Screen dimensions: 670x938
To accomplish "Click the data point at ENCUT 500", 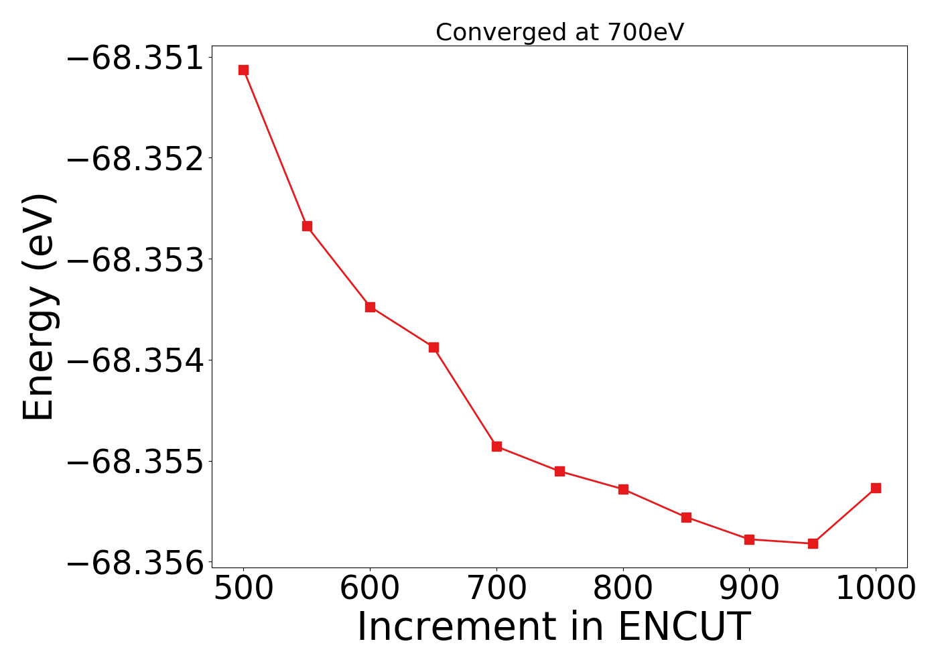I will tap(243, 70).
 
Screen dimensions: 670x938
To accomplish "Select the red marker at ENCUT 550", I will tap(307, 226).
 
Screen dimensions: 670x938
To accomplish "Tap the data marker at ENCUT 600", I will tap(370, 307).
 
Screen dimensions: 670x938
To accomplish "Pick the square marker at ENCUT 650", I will tap(433, 347).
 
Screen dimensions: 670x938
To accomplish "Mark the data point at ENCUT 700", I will tap(496, 446).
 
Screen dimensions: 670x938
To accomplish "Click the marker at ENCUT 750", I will tap(559, 471).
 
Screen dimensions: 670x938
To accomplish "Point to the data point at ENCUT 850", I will tap(686, 517).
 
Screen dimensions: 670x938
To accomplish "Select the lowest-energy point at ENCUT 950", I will tap(813, 543).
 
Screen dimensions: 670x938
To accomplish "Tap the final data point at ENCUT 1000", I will tap(876, 488).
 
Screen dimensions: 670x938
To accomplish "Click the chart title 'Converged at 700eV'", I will tap(559, 32).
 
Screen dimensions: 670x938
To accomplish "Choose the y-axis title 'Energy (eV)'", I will tap(38, 307).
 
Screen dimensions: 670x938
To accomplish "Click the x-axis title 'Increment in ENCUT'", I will tap(553, 627).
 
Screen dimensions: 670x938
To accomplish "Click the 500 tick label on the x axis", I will tap(243, 589).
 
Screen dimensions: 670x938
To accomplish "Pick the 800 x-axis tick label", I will tap(623, 589).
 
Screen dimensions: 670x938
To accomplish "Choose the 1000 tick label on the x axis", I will tap(876, 589).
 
